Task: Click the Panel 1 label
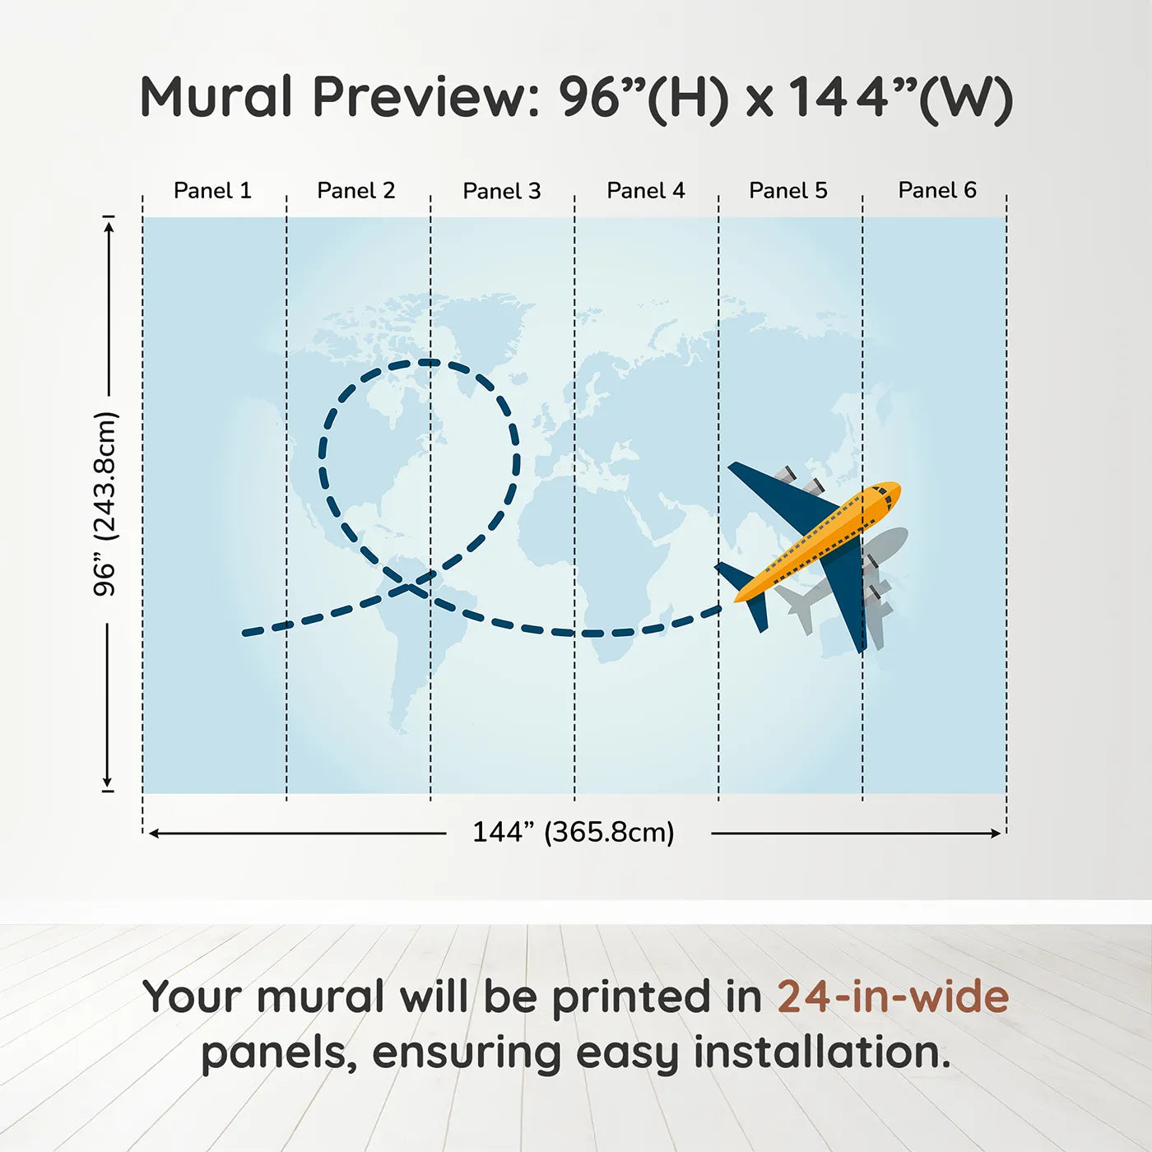(212, 191)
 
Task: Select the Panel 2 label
(355, 191)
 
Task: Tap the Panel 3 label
(502, 191)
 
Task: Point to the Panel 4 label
(646, 191)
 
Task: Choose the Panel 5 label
(788, 191)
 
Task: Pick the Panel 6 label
(936, 190)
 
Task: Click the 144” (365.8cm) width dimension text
(574, 832)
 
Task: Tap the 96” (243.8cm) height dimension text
(105, 504)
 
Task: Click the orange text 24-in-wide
(893, 996)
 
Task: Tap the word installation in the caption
(822, 1052)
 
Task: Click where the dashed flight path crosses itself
(412, 587)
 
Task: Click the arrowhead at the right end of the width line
(996, 834)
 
